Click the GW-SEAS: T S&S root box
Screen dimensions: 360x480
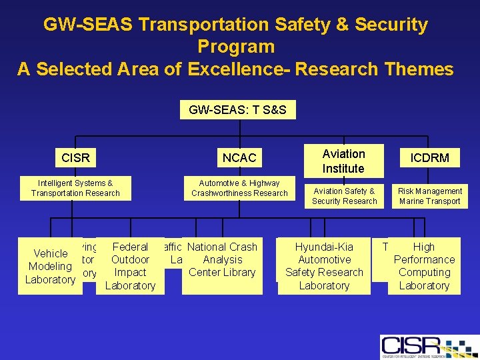click(237, 109)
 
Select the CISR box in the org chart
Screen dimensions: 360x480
click(75, 158)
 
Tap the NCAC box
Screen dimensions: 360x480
click(239, 158)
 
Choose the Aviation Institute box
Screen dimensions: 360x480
click(343, 161)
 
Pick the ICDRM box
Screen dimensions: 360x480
click(429, 158)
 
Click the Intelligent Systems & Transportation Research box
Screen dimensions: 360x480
click(75, 188)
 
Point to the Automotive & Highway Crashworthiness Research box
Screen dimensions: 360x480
click(239, 188)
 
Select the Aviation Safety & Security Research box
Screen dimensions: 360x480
click(344, 196)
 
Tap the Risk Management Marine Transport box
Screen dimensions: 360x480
click(429, 196)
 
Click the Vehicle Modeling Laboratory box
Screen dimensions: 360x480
click(51, 266)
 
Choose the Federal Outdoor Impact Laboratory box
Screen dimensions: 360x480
click(130, 266)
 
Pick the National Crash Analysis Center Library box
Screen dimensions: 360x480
click(221, 259)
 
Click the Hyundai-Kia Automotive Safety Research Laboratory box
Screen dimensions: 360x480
click(324, 266)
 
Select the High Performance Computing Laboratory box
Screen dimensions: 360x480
click(424, 266)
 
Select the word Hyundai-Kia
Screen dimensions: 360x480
click(324, 247)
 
